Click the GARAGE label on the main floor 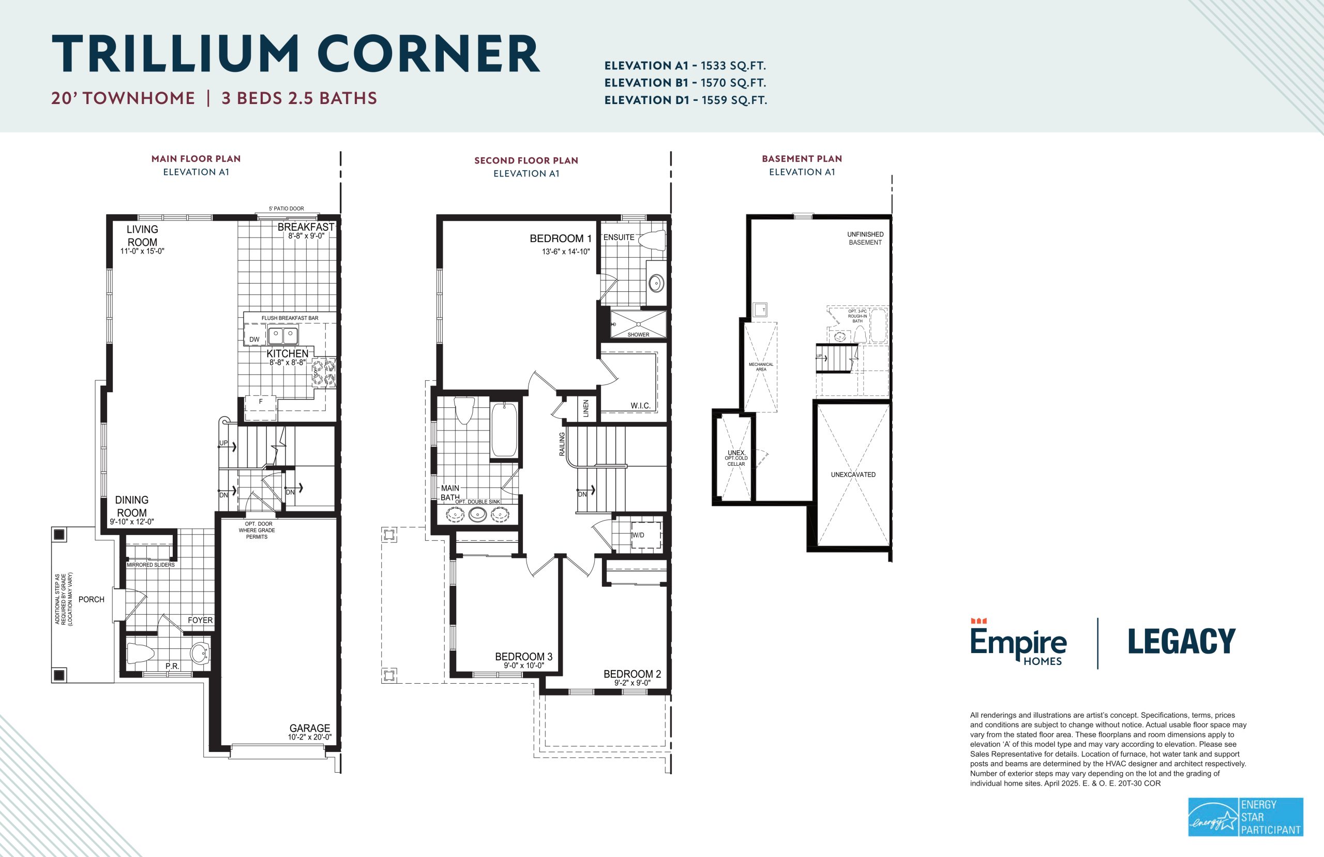click(310, 728)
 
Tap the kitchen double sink click(283, 336)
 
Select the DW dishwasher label click(254, 339)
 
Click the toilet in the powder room click(141, 653)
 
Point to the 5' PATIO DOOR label click(287, 209)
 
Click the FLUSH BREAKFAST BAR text click(290, 318)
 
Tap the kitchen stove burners click(324, 373)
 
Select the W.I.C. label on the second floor click(640, 406)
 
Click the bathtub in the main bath click(504, 430)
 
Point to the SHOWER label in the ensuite click(638, 334)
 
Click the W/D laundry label click(638, 535)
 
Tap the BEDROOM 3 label click(524, 657)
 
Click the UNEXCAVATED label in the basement click(853, 475)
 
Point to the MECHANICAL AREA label click(761, 367)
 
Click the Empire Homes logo click(1018, 642)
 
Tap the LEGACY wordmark click(1182, 642)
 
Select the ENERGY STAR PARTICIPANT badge click(1245, 817)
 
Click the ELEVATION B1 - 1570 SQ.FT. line click(685, 83)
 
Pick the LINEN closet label click(585, 408)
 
